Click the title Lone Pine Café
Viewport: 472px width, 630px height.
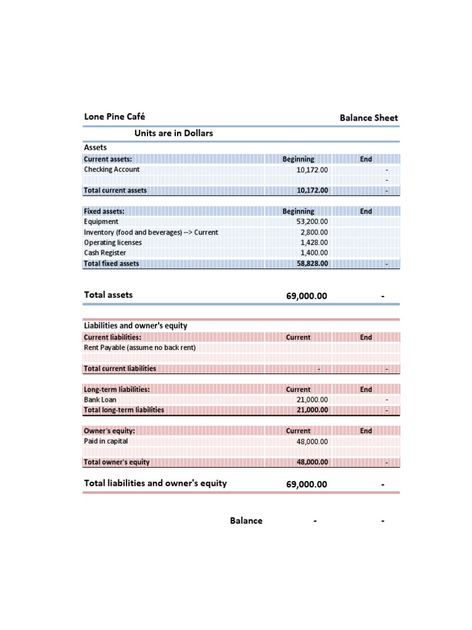pos(114,116)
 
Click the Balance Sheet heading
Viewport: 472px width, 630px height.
pos(369,118)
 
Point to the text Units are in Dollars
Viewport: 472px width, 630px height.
pos(173,133)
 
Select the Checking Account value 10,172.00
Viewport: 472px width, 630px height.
pos(312,170)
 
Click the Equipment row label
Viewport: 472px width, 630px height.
pos(101,221)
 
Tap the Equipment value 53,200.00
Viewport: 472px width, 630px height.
pos(312,221)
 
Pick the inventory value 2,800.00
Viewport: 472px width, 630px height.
pos(314,232)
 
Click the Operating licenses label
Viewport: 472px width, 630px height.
pos(112,242)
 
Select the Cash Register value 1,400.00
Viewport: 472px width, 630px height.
pos(314,253)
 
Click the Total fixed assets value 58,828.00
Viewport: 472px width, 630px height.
pos(312,263)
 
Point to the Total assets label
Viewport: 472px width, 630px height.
pos(108,295)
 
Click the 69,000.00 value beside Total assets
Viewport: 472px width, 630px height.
pos(307,296)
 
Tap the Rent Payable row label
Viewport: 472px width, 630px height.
pos(140,348)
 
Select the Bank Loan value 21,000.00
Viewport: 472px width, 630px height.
pos(312,400)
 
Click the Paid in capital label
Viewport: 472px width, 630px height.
pos(106,441)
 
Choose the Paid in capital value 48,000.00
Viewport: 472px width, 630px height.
pos(312,442)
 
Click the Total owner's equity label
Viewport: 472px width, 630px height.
pos(117,462)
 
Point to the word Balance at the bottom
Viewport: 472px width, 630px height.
pos(246,520)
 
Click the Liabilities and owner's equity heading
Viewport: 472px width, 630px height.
pos(135,325)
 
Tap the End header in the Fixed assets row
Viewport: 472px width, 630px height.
pos(366,211)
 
